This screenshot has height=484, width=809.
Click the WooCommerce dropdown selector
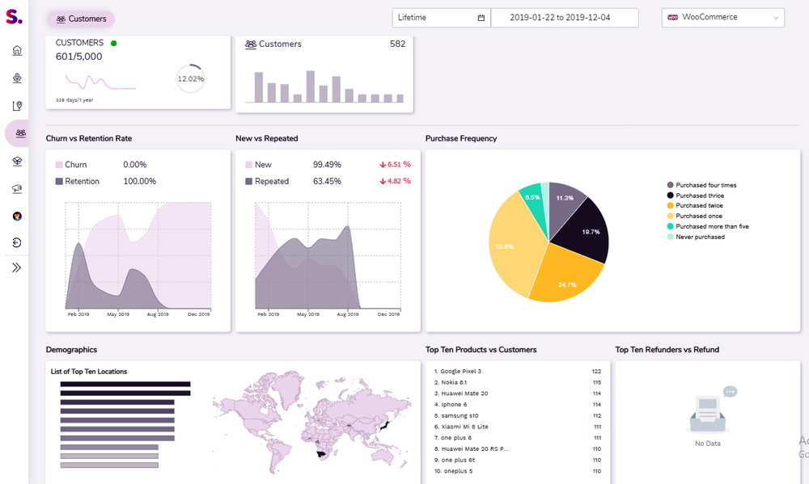click(x=722, y=17)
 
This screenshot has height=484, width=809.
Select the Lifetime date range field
click(x=440, y=17)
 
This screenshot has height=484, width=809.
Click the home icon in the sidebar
click(x=17, y=50)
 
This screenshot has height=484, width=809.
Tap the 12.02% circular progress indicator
click(x=190, y=79)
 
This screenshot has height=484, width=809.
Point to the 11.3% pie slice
click(x=565, y=200)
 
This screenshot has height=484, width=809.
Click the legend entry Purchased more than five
click(x=712, y=226)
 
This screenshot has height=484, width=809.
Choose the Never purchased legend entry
click(x=700, y=237)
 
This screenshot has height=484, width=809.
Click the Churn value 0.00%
click(x=134, y=165)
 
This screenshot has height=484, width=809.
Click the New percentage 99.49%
click(x=326, y=165)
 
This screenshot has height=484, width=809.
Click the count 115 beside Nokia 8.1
click(x=596, y=382)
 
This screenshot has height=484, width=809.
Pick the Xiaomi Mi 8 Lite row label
click(x=465, y=427)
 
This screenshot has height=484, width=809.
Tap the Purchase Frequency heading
click(x=461, y=138)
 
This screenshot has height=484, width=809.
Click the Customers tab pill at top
click(x=80, y=19)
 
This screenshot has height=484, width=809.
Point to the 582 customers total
click(x=397, y=44)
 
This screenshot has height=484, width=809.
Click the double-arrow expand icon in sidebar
click(x=17, y=267)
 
